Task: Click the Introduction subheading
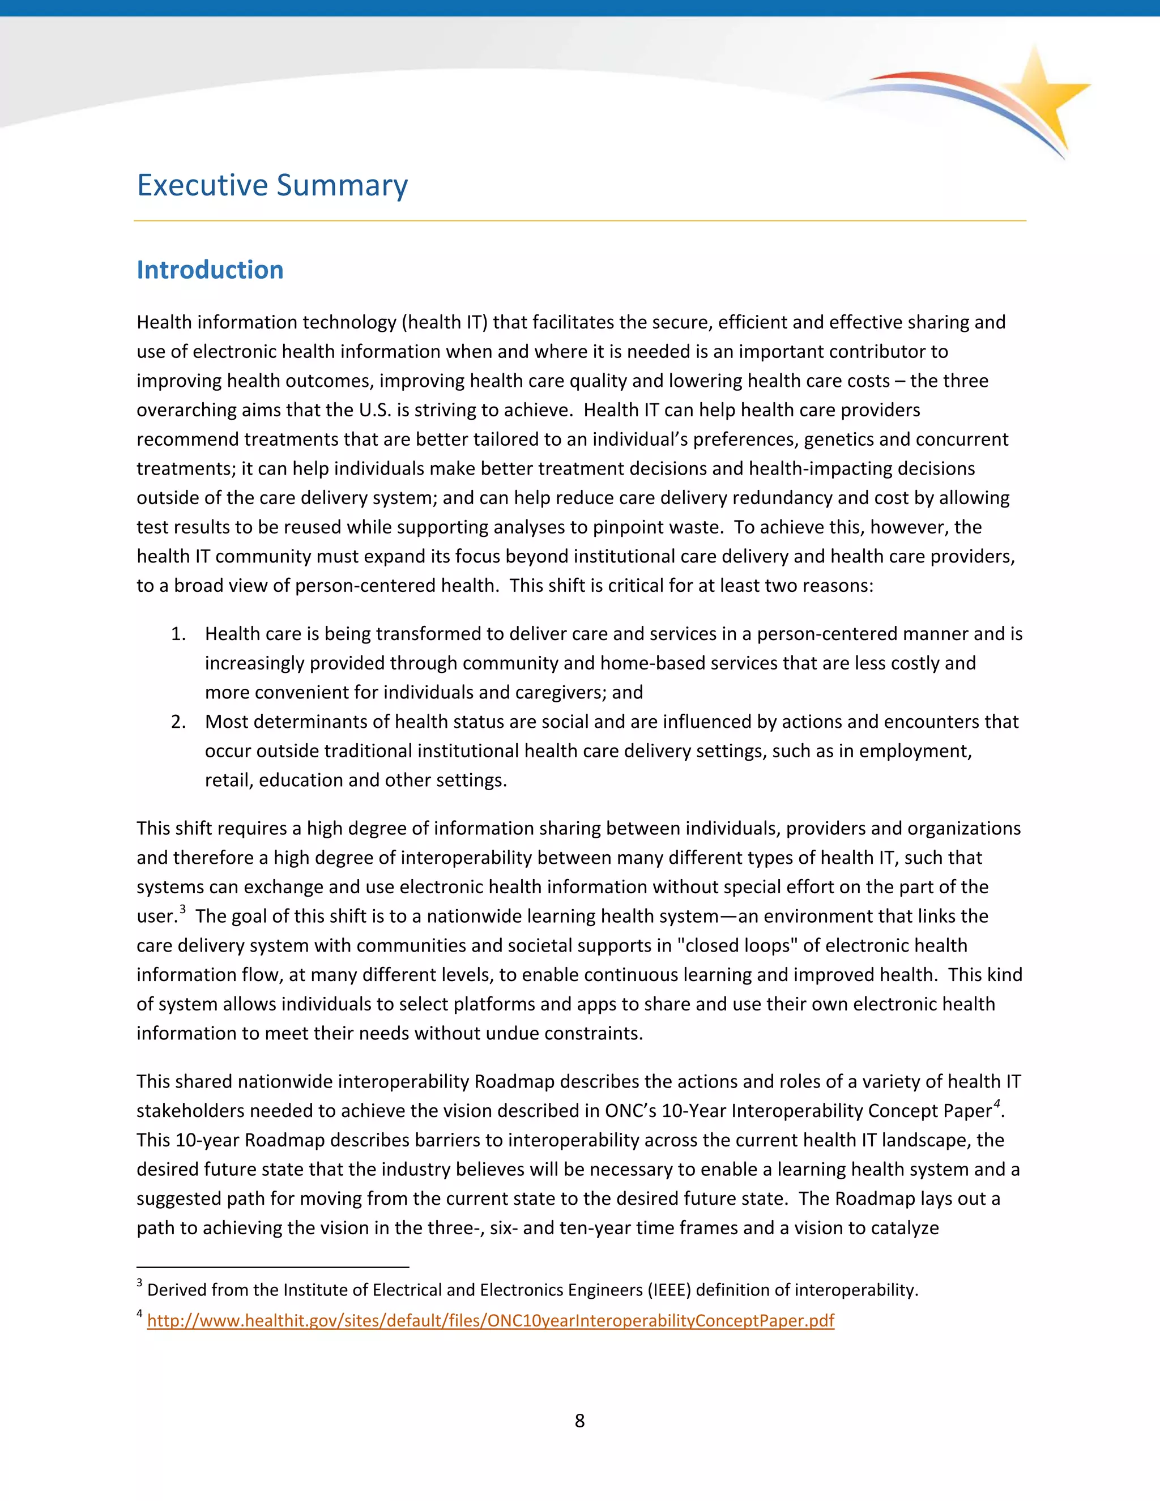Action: (210, 270)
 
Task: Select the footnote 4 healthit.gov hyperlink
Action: (490, 1321)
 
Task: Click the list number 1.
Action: (178, 634)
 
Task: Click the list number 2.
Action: (178, 722)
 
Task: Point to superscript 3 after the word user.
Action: (183, 909)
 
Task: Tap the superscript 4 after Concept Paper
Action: (996, 1104)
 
